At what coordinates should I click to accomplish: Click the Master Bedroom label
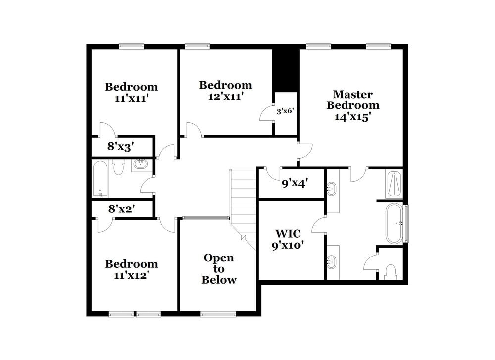352,100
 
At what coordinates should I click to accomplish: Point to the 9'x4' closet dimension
295,183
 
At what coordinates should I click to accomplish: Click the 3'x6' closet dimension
286,111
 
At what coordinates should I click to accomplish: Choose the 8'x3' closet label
121,146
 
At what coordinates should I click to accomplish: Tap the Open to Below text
219,269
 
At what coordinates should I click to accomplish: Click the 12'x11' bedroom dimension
225,96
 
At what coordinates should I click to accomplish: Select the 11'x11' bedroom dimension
132,98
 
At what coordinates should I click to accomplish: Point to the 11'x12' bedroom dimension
132,275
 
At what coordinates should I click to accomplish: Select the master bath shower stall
394,184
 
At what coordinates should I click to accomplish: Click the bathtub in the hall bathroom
100,178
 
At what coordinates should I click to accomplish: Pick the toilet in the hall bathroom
118,167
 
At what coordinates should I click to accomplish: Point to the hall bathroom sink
141,165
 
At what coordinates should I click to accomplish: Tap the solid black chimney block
286,69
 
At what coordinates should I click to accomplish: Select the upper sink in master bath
332,189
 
